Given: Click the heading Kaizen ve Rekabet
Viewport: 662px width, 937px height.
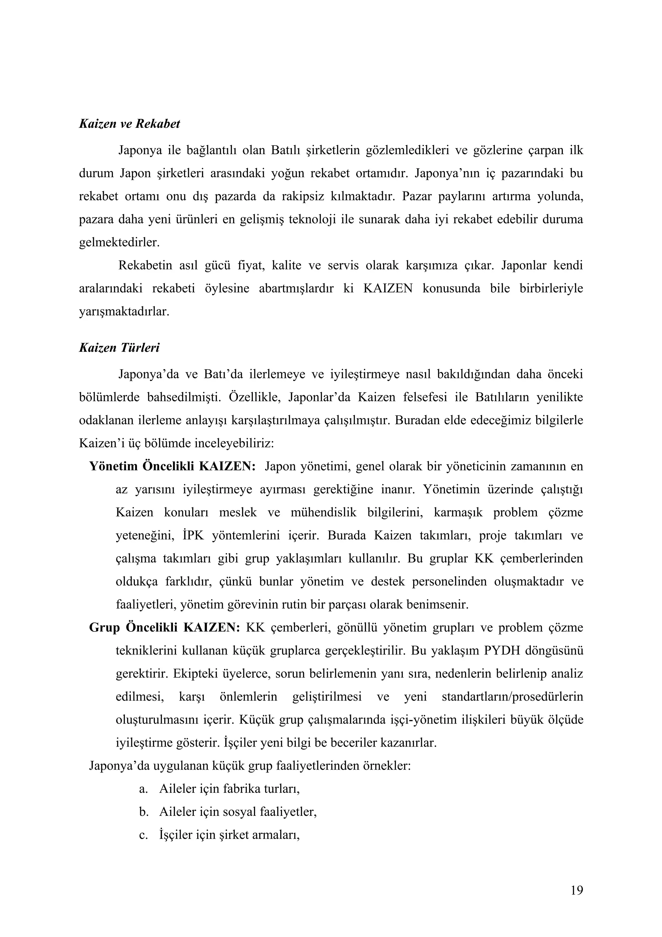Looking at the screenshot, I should click(129, 124).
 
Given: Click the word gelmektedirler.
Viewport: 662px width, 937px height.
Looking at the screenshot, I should click(119, 243).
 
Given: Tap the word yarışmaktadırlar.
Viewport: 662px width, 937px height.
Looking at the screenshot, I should click(124, 312).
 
